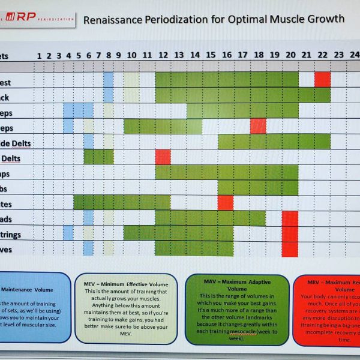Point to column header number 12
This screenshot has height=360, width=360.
[x=163, y=56]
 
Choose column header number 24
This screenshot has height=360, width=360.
[x=354, y=55]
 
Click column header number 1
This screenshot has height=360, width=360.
[x=40, y=56]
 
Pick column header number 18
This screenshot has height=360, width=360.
[x=258, y=55]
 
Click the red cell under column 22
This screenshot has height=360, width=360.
[x=322, y=79]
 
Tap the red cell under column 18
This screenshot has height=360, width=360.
[x=258, y=126]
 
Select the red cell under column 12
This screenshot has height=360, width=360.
[x=163, y=157]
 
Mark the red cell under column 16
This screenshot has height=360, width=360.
[x=226, y=202]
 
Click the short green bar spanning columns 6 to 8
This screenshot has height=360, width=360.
[x=98, y=157]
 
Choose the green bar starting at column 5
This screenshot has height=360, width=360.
[x=122, y=202]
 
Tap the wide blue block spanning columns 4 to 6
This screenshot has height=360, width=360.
[x=79, y=110]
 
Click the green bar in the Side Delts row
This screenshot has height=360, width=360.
[x=274, y=141]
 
